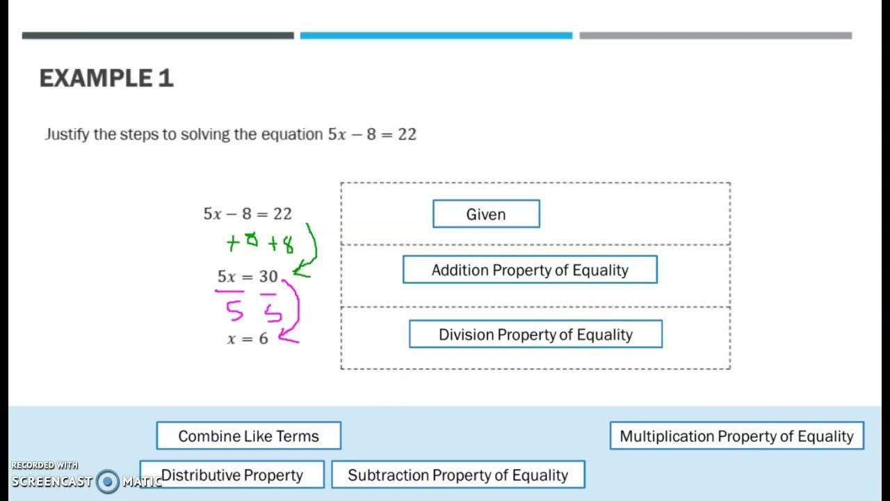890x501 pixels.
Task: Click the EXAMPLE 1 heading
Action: (x=106, y=78)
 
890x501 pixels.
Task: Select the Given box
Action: (x=486, y=214)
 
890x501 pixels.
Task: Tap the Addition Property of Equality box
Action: (x=530, y=270)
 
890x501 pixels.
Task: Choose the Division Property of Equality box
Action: (x=535, y=334)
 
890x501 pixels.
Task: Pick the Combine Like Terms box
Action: (x=248, y=436)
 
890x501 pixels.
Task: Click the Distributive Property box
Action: (x=232, y=475)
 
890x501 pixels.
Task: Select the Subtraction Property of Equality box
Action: (x=458, y=475)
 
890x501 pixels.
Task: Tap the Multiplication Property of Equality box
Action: (x=736, y=436)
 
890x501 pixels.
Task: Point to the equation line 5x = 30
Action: (x=248, y=276)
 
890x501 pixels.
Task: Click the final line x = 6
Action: (x=248, y=339)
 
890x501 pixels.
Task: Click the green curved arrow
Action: (x=310, y=250)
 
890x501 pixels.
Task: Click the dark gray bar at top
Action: (x=158, y=35)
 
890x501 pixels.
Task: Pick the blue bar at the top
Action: (x=436, y=35)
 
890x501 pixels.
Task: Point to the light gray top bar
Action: (x=715, y=35)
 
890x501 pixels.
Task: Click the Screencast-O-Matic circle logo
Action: (x=108, y=481)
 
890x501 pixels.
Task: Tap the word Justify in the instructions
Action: (x=67, y=134)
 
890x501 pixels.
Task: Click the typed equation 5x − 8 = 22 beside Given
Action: (x=248, y=214)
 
